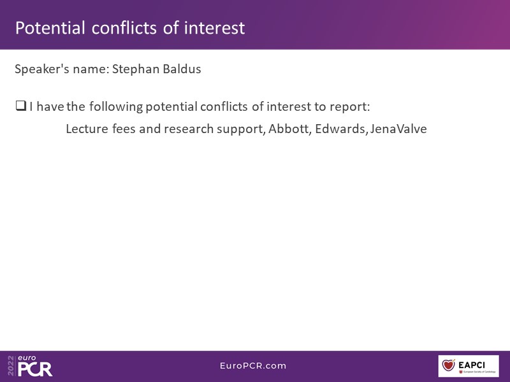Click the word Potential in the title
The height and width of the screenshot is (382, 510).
coord(50,28)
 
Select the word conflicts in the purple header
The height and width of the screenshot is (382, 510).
coord(125,28)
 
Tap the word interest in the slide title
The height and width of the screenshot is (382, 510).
coord(214,28)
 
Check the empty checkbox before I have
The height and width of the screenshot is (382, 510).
coord(21,106)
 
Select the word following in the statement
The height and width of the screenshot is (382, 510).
coord(116,107)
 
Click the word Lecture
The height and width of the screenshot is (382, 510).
coord(87,129)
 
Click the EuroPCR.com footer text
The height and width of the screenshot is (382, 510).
coord(253,365)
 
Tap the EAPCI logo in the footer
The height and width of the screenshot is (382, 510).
coord(469,365)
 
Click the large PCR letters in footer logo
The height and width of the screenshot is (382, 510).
coord(35,369)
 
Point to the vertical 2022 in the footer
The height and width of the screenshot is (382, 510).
coord(11,365)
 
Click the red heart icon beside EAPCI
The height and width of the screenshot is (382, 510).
coord(449,365)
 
